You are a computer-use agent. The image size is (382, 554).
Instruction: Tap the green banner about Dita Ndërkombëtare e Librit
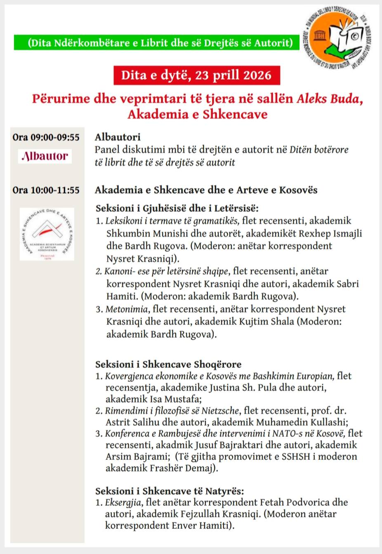[x=157, y=43]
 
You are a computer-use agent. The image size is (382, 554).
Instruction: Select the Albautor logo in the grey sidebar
[x=45, y=156]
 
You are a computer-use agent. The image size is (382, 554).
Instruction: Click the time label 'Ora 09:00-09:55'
[x=46, y=137]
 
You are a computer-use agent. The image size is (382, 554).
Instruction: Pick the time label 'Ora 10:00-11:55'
[x=46, y=190]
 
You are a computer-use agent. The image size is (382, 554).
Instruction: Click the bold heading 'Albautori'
[x=118, y=137]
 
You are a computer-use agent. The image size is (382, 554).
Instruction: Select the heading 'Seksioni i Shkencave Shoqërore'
[x=168, y=364]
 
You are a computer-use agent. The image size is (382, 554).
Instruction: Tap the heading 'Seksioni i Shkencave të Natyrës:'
[x=170, y=491]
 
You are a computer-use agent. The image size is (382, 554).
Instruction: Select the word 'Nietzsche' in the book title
[x=218, y=411]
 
